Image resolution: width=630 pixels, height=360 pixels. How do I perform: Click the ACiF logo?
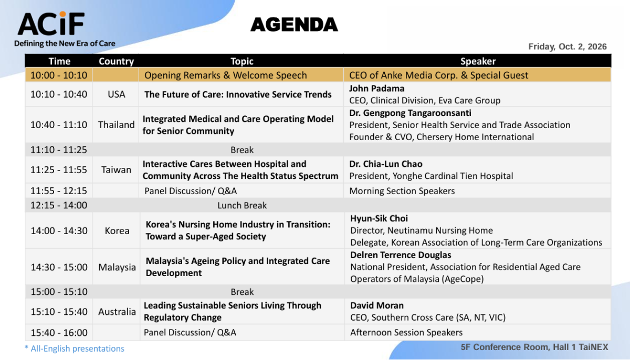[51, 24]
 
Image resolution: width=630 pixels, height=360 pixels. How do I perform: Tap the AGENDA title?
[294, 25]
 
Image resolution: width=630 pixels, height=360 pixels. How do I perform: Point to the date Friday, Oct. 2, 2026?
[568, 46]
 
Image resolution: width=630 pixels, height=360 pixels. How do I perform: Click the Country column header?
[116, 61]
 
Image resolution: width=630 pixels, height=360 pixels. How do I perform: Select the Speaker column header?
[478, 61]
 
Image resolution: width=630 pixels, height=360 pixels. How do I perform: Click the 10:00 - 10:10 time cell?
[59, 76]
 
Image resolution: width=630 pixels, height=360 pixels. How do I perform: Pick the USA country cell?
[117, 94]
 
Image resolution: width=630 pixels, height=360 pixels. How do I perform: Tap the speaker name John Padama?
[376, 89]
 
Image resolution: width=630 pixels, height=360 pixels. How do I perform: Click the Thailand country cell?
[116, 124]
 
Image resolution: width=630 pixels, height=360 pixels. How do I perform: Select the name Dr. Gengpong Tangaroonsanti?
[410, 113]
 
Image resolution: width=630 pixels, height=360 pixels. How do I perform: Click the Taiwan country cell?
[116, 170]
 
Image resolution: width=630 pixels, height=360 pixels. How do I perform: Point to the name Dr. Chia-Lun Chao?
[385, 164]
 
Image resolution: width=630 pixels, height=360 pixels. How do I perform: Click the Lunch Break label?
[242, 205]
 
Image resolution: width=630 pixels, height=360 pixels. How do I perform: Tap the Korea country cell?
[117, 231]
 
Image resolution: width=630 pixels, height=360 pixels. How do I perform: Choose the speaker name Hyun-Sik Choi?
[379, 218]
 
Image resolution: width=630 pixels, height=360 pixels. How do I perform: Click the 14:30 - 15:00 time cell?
[59, 267]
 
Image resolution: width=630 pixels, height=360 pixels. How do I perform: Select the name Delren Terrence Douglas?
[401, 255]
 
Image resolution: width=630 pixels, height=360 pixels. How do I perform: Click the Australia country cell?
[117, 312]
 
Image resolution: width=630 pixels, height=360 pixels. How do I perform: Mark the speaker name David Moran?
[377, 305]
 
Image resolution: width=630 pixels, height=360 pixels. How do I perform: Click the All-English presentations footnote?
[75, 348]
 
